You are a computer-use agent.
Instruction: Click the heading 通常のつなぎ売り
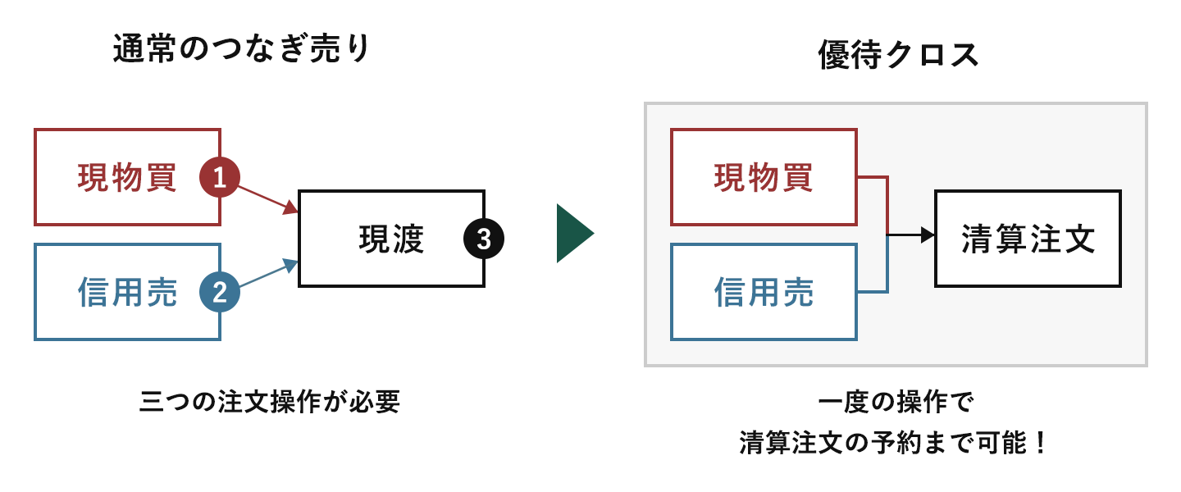point(242,51)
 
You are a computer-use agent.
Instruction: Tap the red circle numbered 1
point(220,178)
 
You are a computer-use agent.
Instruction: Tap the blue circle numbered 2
point(220,293)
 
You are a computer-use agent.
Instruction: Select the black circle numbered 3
point(484,239)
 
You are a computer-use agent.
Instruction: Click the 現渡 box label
point(391,239)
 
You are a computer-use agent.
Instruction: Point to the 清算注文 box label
point(1028,239)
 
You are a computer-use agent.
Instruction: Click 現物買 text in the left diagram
point(127,178)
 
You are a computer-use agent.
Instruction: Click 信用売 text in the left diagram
point(127,293)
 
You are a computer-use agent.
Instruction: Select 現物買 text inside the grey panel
point(764,178)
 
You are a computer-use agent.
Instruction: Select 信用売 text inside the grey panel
point(764,293)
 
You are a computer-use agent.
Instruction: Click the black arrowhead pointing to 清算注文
point(928,235)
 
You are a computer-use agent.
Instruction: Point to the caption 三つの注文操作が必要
point(270,402)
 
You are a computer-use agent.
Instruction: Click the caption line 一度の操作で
point(895,403)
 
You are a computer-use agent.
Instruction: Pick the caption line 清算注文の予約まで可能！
point(895,444)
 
